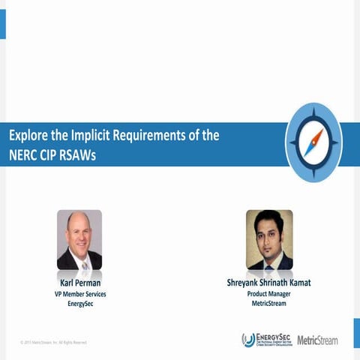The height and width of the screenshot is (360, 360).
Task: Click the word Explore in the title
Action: tap(29, 136)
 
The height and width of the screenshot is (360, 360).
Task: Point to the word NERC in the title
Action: tap(25, 154)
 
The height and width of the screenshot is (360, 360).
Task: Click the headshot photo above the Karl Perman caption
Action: tap(79, 239)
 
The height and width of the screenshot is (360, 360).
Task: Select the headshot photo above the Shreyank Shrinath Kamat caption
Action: tap(269, 239)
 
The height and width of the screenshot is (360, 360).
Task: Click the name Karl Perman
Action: tap(79, 283)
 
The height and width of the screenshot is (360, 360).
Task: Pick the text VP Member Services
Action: tap(79, 294)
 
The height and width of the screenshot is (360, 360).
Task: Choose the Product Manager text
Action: tap(270, 294)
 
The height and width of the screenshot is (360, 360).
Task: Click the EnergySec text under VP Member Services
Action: tap(79, 304)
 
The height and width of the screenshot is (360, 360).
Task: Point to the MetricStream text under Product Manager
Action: tap(270, 304)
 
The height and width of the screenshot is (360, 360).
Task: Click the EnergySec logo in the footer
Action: tap(266, 340)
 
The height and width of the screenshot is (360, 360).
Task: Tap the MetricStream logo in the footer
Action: tap(317, 340)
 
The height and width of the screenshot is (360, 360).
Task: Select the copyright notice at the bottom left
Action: tap(53, 343)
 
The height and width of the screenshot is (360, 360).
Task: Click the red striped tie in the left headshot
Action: tap(84, 262)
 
